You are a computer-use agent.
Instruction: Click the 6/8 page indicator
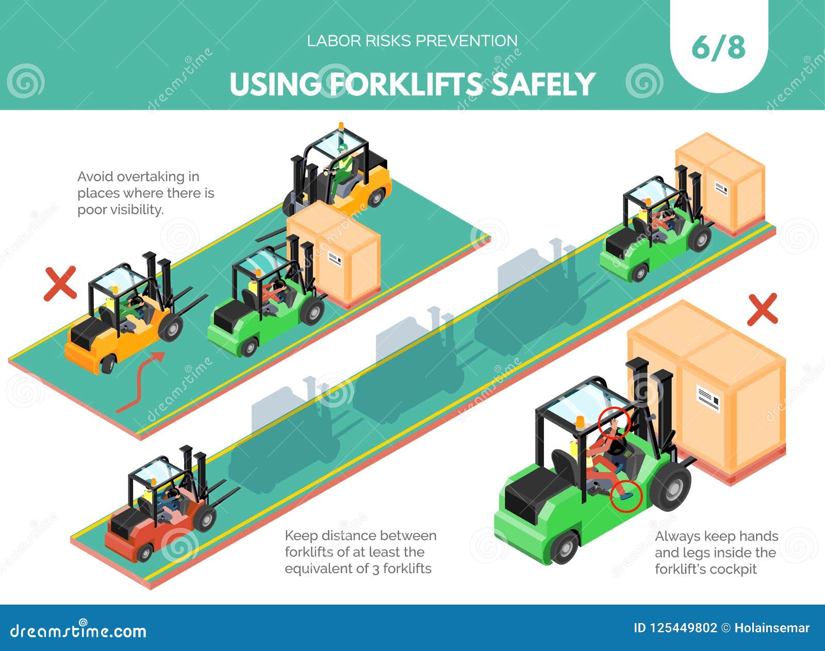(x=718, y=48)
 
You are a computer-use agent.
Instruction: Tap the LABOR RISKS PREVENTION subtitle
(x=412, y=41)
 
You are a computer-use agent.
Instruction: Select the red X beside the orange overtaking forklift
(x=60, y=283)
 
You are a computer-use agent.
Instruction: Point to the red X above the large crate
(x=762, y=309)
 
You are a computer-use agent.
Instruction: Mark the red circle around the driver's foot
(x=626, y=496)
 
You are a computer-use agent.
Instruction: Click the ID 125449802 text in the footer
(x=674, y=628)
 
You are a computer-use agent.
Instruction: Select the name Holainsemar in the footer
(x=772, y=628)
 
